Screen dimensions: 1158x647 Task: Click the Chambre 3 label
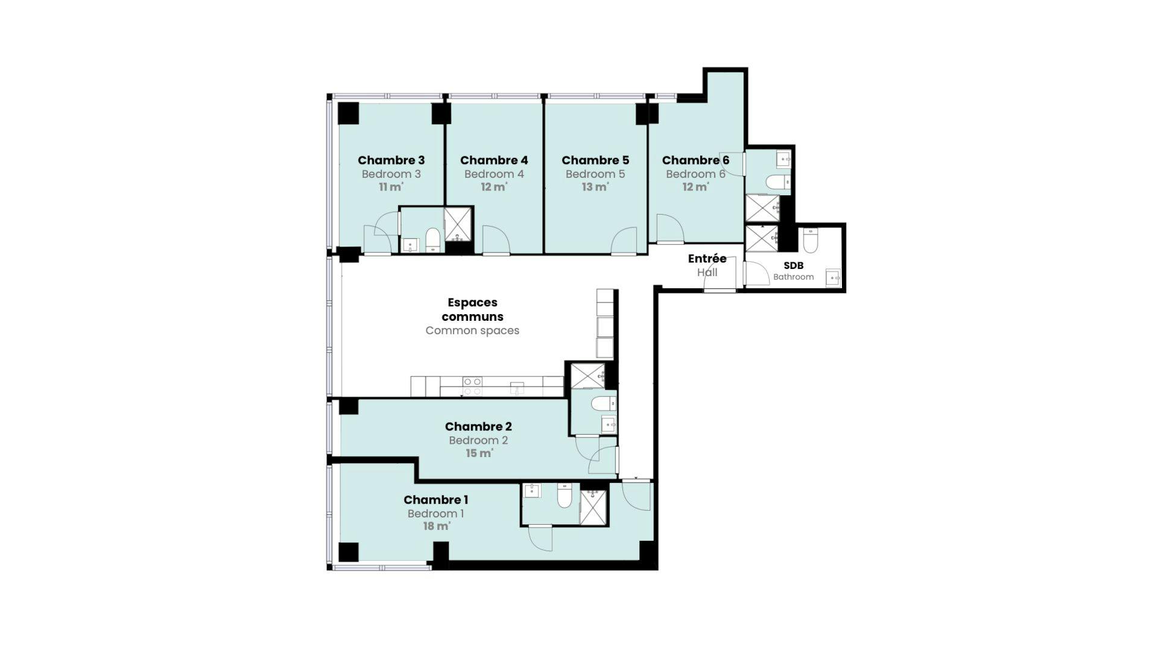(x=391, y=160)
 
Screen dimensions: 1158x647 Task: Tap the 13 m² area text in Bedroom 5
(x=595, y=187)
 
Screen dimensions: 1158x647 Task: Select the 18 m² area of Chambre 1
(x=437, y=526)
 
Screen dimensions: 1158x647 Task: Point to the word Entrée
(x=707, y=259)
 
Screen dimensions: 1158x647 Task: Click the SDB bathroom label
(x=794, y=265)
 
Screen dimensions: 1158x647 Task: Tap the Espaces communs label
(x=472, y=309)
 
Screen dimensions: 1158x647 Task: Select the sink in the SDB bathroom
(x=833, y=277)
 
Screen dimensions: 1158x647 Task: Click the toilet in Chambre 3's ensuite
(x=433, y=239)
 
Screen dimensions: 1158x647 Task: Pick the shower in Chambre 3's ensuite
(x=458, y=224)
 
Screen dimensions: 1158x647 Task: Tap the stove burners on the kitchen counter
(x=472, y=386)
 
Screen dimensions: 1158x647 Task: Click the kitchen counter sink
(x=517, y=387)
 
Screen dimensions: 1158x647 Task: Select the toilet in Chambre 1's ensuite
(x=565, y=494)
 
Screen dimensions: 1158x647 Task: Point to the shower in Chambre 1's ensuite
(x=593, y=507)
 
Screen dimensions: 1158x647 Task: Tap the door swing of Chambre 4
(x=496, y=240)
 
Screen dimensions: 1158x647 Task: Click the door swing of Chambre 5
(x=624, y=241)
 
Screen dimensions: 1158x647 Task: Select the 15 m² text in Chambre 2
(x=479, y=453)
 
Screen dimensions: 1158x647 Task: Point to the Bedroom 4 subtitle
(x=494, y=174)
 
